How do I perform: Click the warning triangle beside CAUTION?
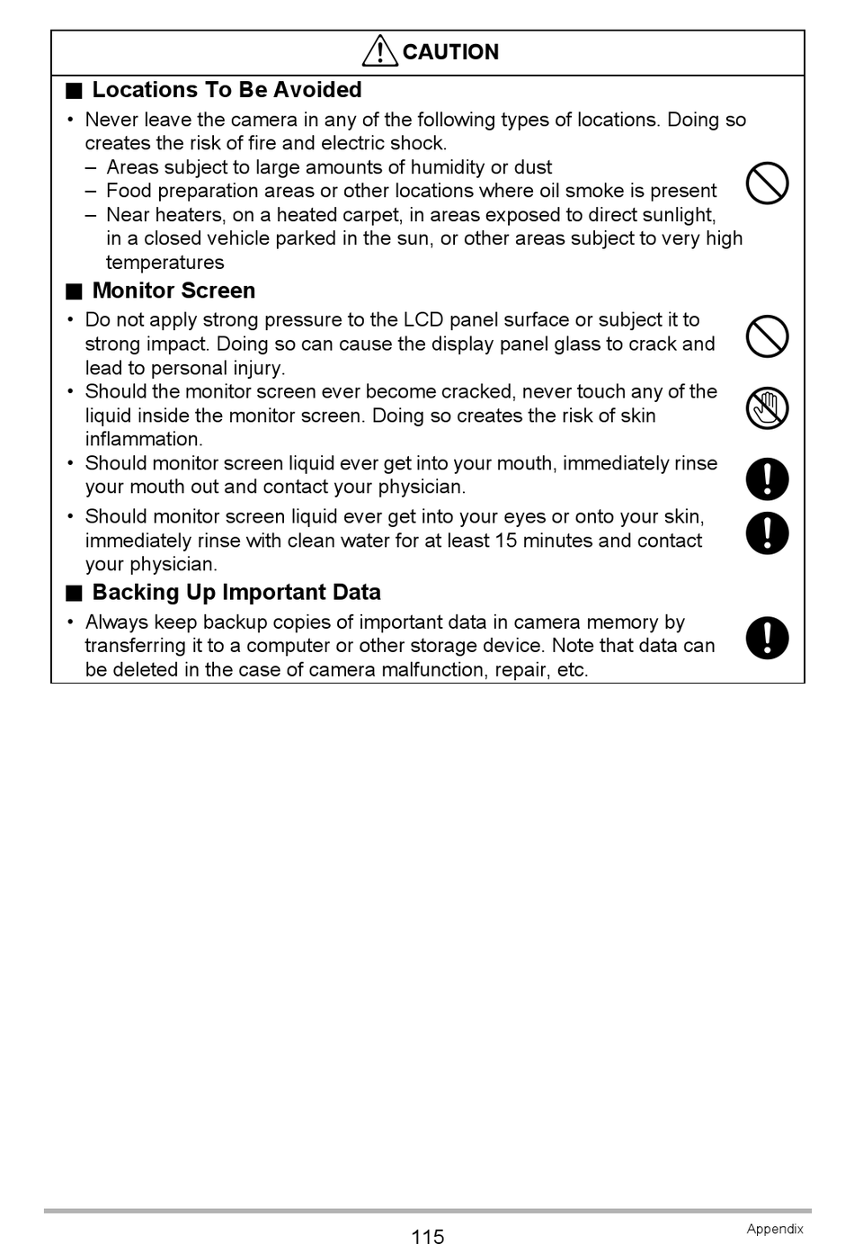point(380,51)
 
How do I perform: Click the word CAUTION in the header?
point(450,52)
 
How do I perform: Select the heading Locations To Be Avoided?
point(227,90)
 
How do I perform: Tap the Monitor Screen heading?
point(173,291)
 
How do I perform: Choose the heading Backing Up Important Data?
point(236,592)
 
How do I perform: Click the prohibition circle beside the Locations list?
point(767,183)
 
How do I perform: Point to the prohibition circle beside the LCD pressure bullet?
point(767,336)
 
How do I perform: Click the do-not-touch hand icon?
point(767,408)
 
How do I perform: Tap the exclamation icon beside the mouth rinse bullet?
point(767,479)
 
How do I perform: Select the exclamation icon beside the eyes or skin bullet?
point(767,533)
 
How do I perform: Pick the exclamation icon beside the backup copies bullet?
point(767,638)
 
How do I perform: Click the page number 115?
point(427,1237)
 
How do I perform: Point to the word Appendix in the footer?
point(774,1229)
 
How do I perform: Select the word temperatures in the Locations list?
point(165,263)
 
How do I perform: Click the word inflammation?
point(144,439)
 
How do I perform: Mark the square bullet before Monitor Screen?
point(74,291)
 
